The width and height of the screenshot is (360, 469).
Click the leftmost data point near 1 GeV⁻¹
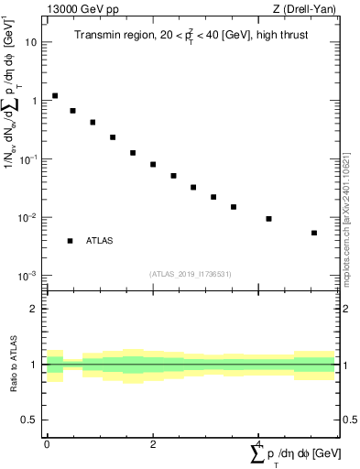point(55,95)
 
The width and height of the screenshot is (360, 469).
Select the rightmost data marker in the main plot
point(314,233)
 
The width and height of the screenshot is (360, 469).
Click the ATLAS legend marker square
point(70,241)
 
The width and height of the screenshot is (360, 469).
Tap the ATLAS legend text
point(100,241)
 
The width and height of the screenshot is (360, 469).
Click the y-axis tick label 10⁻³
point(28,276)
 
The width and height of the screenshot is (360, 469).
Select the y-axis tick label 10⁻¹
point(28,158)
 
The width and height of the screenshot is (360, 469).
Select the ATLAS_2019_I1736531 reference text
point(191,274)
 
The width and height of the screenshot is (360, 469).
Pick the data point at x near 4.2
point(268,219)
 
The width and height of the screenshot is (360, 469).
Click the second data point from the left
point(72,111)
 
